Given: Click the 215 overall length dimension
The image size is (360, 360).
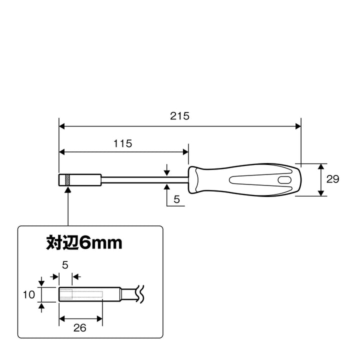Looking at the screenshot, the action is tap(180, 116).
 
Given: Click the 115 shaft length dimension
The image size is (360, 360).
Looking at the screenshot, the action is tap(123, 143).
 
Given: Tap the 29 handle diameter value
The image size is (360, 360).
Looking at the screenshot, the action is tap(332, 179).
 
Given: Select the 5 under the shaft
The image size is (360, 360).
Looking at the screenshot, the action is tap(176, 199).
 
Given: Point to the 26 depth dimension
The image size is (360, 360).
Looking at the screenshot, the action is tap(80, 328).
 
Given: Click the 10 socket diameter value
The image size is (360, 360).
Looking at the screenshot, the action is tap(29, 294).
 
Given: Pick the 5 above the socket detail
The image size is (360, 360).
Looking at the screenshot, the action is tap(65, 265).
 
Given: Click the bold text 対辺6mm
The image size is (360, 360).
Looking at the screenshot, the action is tap(84, 242).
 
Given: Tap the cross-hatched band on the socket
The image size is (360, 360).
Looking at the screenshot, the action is tap(67, 180).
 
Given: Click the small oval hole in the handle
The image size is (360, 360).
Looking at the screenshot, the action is tap(284, 180).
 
